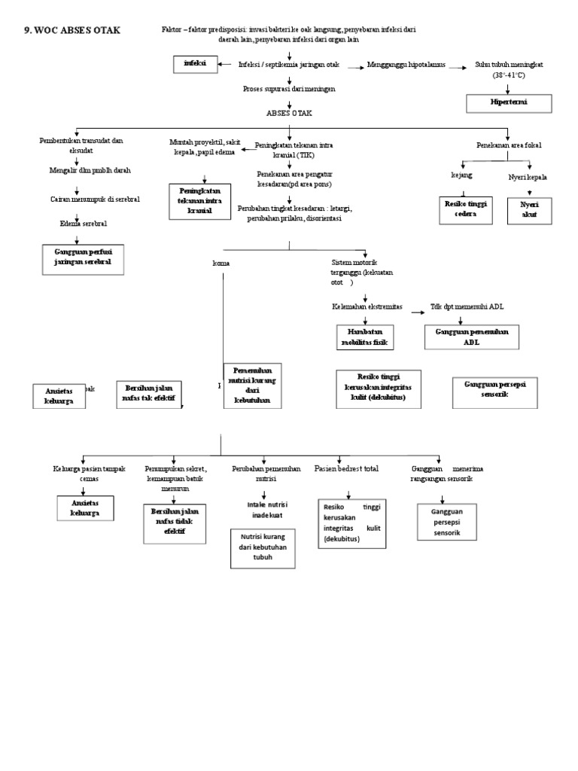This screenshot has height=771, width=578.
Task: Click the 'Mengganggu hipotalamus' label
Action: click(x=406, y=66)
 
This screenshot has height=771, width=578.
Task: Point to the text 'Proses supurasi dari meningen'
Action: click(x=289, y=89)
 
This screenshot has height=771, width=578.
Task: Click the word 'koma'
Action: click(x=221, y=263)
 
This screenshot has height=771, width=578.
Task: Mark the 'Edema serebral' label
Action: click(x=83, y=224)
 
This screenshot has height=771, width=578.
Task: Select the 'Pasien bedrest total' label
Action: click(x=347, y=468)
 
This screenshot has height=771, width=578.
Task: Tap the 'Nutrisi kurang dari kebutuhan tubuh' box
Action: click(x=263, y=548)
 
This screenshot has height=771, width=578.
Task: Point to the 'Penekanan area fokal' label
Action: click(x=509, y=144)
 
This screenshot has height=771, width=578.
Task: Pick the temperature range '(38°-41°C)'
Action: click(x=509, y=76)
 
